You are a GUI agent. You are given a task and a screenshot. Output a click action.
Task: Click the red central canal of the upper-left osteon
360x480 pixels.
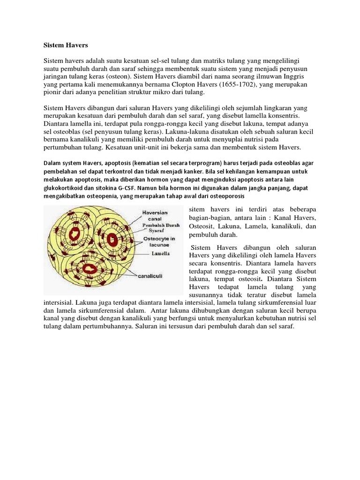pyautogui.click(x=75, y=233)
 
